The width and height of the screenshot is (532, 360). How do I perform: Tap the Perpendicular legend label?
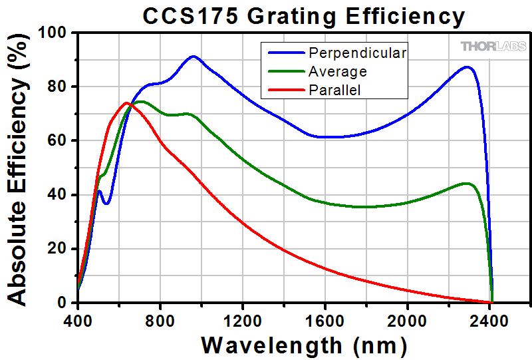[x=357, y=52]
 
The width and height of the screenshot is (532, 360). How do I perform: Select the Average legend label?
[x=337, y=71]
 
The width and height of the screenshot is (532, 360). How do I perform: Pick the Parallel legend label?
[x=334, y=89]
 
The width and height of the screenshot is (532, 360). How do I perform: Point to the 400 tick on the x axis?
[x=78, y=317]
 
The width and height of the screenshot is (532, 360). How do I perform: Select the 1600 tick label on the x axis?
[x=325, y=317]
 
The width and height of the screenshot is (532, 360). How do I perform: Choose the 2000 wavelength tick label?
[x=407, y=317]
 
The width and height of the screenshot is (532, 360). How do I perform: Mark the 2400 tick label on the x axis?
[x=489, y=317]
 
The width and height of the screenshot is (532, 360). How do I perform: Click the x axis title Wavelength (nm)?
[x=303, y=345]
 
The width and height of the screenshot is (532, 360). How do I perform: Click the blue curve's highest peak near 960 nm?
[x=194, y=57]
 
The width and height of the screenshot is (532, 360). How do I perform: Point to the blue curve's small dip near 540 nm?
[x=106, y=203]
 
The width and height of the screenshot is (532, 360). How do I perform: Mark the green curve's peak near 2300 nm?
[x=466, y=183]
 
